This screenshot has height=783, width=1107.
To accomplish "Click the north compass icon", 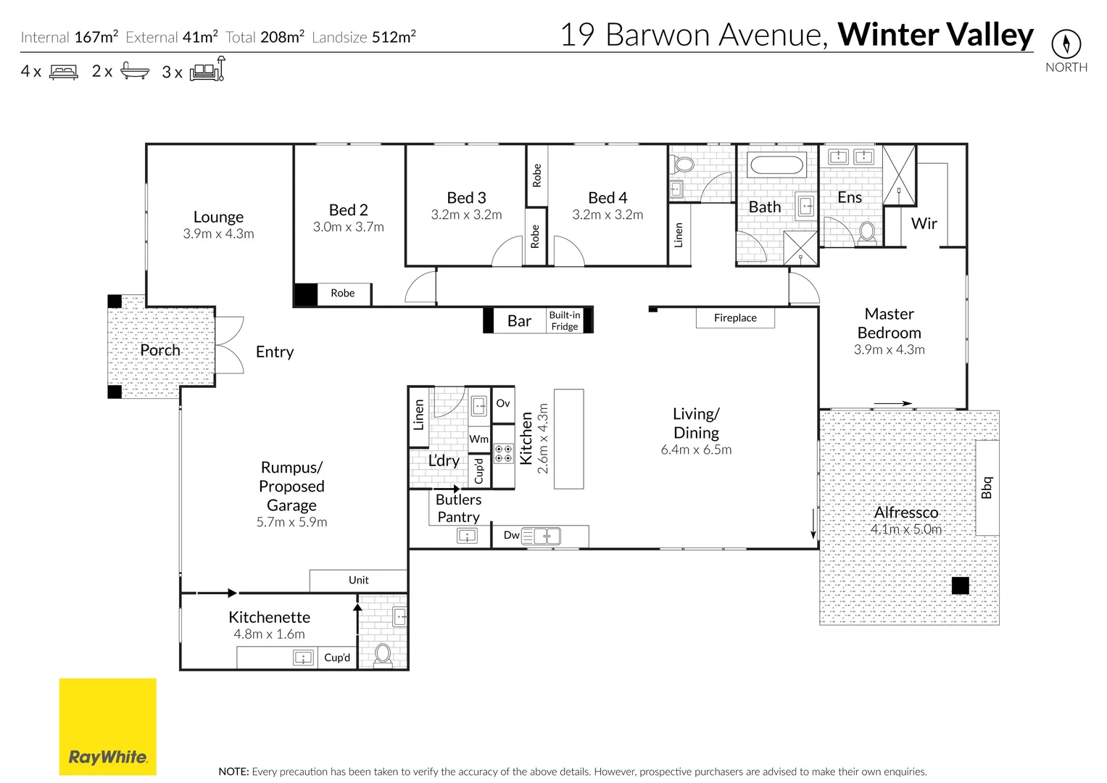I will [1066, 44].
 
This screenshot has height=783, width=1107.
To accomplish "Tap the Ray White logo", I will [107, 726].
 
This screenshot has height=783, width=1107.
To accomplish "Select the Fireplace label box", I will [735, 318].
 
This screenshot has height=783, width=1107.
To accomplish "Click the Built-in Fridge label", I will [564, 320].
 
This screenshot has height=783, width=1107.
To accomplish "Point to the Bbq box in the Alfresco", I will [987, 487].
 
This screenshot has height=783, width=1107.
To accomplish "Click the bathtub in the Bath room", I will [776, 165].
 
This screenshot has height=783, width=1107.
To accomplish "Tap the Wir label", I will [924, 224].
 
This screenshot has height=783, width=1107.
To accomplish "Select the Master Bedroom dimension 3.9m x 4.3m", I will [889, 349].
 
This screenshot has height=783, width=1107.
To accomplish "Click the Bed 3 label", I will [466, 198].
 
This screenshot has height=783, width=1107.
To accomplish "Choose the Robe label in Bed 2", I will [342, 294].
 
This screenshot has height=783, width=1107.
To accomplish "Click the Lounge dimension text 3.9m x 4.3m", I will [218, 234].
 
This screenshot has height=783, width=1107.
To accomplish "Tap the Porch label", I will [160, 350].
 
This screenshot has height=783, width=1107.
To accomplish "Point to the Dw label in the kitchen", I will [511, 536].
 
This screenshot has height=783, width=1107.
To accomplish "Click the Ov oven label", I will [503, 404].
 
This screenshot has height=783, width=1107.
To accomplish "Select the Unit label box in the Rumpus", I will [358, 581].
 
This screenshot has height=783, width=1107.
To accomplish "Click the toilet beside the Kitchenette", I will [383, 654].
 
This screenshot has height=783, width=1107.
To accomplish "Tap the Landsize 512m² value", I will [394, 37].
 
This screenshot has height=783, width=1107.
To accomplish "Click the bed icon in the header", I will [64, 72].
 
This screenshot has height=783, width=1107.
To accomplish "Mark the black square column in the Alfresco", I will [960, 586].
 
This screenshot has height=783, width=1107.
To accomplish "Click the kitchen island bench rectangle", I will [568, 439].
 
